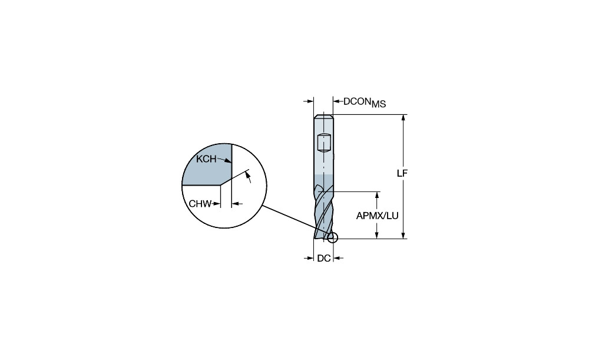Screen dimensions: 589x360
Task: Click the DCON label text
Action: (x=358, y=101)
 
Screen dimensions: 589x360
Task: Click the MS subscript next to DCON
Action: (x=379, y=104)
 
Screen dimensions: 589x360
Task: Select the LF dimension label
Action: (x=402, y=173)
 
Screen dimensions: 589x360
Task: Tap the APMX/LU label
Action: (x=377, y=216)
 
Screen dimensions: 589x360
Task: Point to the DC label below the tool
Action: (x=324, y=258)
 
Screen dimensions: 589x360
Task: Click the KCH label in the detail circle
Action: (x=206, y=159)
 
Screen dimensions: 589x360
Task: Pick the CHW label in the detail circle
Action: (x=200, y=204)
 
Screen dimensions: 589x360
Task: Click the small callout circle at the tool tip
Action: (x=332, y=238)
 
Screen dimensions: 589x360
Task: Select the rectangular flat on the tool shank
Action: (x=324, y=143)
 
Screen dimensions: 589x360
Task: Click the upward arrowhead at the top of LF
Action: (x=403, y=118)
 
